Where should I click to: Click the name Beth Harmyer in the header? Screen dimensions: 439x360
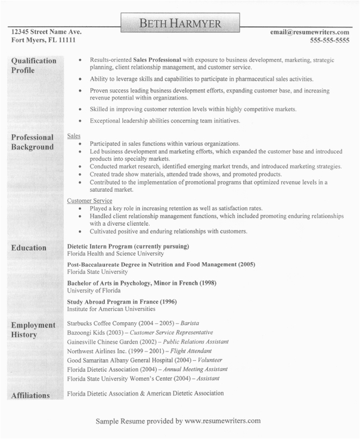click(x=179, y=24)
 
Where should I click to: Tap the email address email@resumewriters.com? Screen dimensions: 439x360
click(x=309, y=32)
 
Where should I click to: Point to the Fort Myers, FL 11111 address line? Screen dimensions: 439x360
click(x=43, y=41)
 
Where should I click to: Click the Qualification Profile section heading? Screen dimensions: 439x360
click(x=34, y=66)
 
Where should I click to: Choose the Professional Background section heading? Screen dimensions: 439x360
click(x=33, y=142)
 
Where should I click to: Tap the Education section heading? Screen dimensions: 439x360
click(x=29, y=248)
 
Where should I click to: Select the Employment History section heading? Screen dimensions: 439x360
click(x=33, y=329)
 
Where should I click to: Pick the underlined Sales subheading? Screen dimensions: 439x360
click(x=74, y=136)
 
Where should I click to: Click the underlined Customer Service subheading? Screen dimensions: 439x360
click(x=90, y=201)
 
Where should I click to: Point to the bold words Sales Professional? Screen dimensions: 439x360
click(x=157, y=60)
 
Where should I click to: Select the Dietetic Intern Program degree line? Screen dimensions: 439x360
click(x=128, y=246)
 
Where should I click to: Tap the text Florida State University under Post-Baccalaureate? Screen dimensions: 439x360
click(x=98, y=270)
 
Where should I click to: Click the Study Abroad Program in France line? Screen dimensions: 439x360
click(x=122, y=301)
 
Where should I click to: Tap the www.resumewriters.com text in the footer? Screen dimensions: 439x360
click(x=222, y=421)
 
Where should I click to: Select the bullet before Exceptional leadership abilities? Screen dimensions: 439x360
click(x=80, y=121)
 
